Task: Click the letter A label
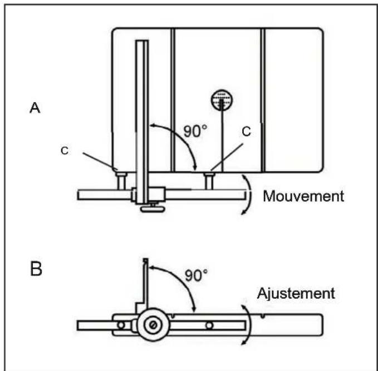(35, 108)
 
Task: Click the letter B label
(36, 269)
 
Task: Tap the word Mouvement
(303, 196)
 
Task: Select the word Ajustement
(296, 294)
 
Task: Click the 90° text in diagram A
(195, 131)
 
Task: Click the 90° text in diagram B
(196, 275)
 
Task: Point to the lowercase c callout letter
(65, 151)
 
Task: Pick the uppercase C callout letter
(246, 132)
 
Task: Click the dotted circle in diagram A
(222, 100)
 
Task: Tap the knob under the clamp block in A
(153, 208)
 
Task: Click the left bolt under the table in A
(121, 182)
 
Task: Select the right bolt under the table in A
(209, 182)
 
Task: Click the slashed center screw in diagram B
(153, 325)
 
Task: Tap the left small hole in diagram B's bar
(121, 325)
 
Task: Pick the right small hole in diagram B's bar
(209, 325)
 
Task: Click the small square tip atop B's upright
(145, 260)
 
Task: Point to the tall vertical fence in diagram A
(142, 122)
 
